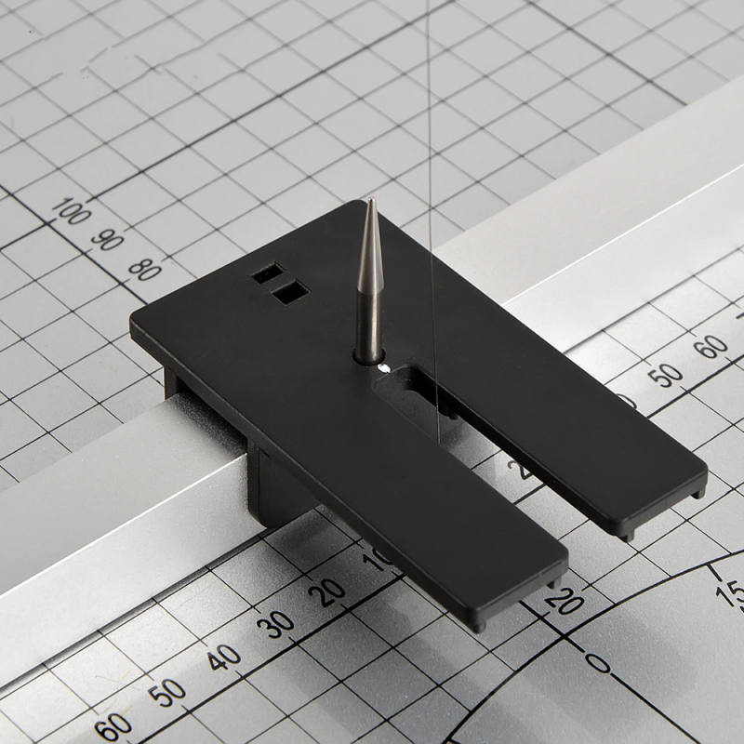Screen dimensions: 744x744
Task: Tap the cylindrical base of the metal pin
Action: (x=368, y=351)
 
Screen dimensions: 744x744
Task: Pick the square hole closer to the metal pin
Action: (x=290, y=292)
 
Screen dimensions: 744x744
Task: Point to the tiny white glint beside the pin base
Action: (x=383, y=368)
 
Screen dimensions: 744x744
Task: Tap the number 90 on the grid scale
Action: (x=108, y=240)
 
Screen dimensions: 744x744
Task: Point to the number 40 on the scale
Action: (x=223, y=658)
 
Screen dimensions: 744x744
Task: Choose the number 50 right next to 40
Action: (x=167, y=694)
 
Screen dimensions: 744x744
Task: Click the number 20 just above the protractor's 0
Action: (x=565, y=600)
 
